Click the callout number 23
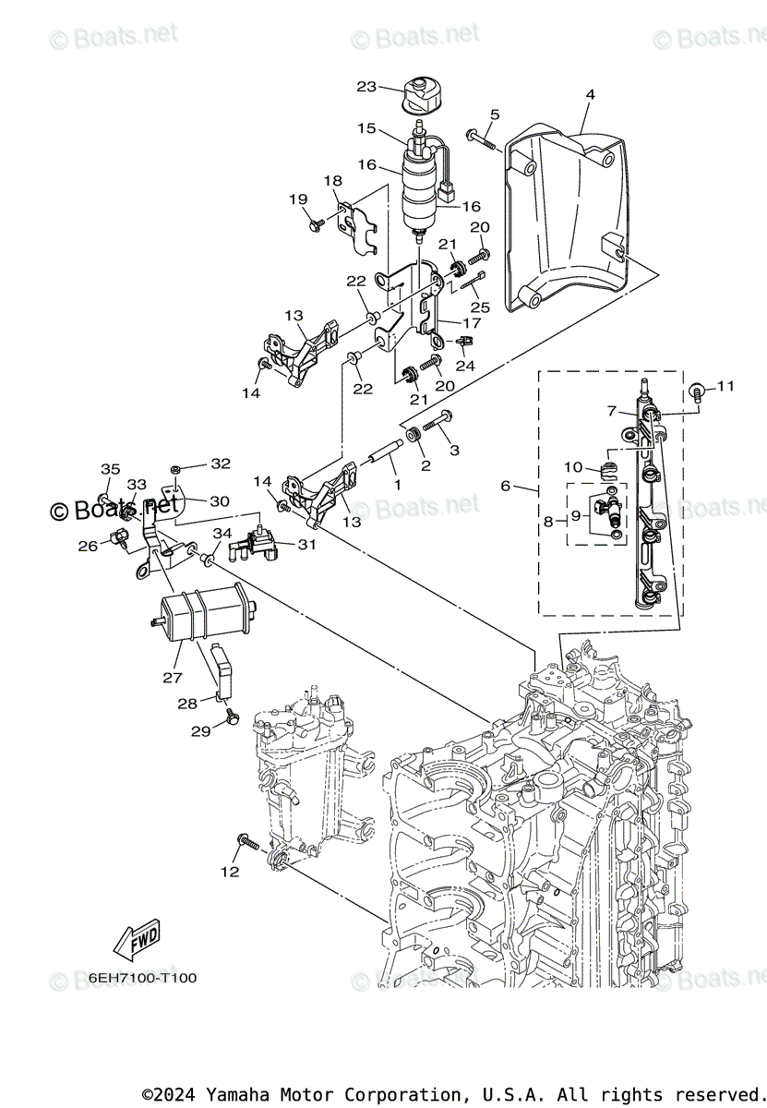tap(366, 87)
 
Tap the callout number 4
tap(590, 94)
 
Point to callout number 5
tap(495, 114)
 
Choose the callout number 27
tap(173, 677)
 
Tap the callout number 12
tap(230, 871)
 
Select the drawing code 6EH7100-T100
tap(143, 978)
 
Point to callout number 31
tap(306, 545)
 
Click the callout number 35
tap(110, 469)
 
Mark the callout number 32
tap(221, 464)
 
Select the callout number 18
tap(332, 181)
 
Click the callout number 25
tap(479, 306)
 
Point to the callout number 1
tap(397, 484)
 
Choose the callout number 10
tap(574, 467)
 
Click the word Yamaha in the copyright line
tap(230, 1095)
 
